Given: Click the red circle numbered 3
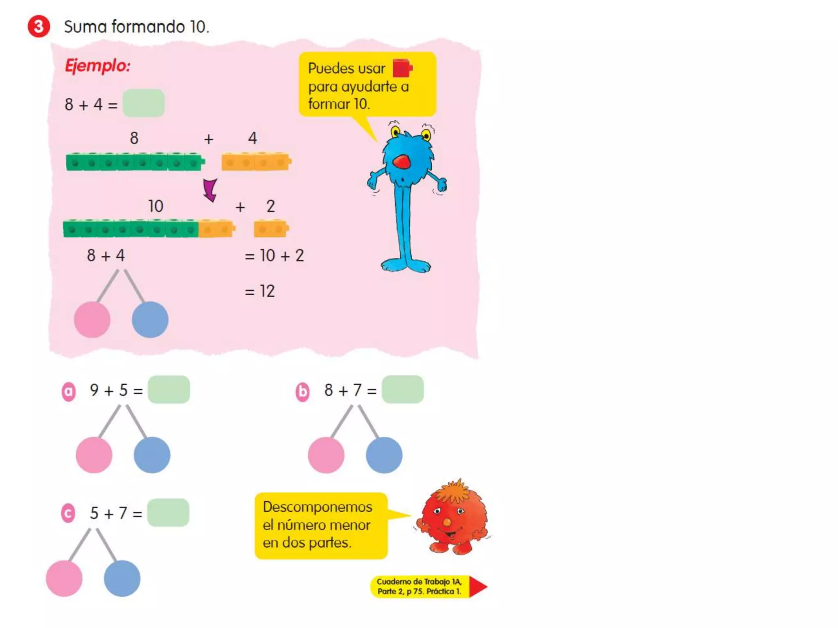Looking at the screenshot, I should pyautogui.click(x=39, y=27).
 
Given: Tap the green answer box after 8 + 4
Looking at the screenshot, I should pyautogui.click(x=144, y=103).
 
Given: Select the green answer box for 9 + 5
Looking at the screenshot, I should pyautogui.click(x=169, y=390).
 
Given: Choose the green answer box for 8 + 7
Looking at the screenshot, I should pyautogui.click(x=403, y=390).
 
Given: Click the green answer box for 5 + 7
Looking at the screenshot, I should pyautogui.click(x=168, y=513).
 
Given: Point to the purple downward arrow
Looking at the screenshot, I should pyautogui.click(x=210, y=190).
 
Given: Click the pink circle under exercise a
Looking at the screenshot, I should pyautogui.click(x=94, y=455).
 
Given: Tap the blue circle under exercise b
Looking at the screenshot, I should pyautogui.click(x=384, y=455).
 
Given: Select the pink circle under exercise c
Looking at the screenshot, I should pyautogui.click(x=64, y=579).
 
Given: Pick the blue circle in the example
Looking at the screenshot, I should pyautogui.click(x=150, y=320).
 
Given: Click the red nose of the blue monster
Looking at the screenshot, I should pyautogui.click(x=401, y=162).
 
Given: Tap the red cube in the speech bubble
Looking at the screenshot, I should pyautogui.click(x=402, y=68).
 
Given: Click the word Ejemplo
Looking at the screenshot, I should pyautogui.click(x=97, y=66).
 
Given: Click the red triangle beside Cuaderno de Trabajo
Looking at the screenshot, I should pyautogui.click(x=477, y=587).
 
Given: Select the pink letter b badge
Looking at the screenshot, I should pyautogui.click(x=303, y=392).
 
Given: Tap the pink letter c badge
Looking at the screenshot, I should pyautogui.click(x=68, y=514).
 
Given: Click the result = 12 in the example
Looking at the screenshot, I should pyautogui.click(x=260, y=292).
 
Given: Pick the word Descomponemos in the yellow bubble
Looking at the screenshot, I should pyautogui.click(x=318, y=507).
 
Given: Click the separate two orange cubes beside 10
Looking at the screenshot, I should pyautogui.click(x=271, y=229).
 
